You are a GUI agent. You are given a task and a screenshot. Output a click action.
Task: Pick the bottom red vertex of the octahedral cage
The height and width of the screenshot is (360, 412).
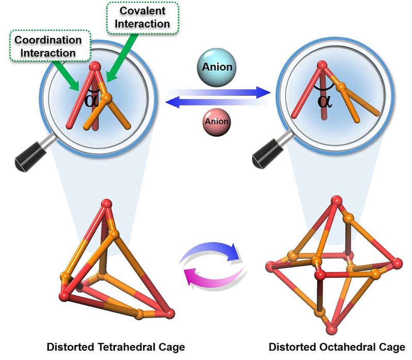tap(332, 329)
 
